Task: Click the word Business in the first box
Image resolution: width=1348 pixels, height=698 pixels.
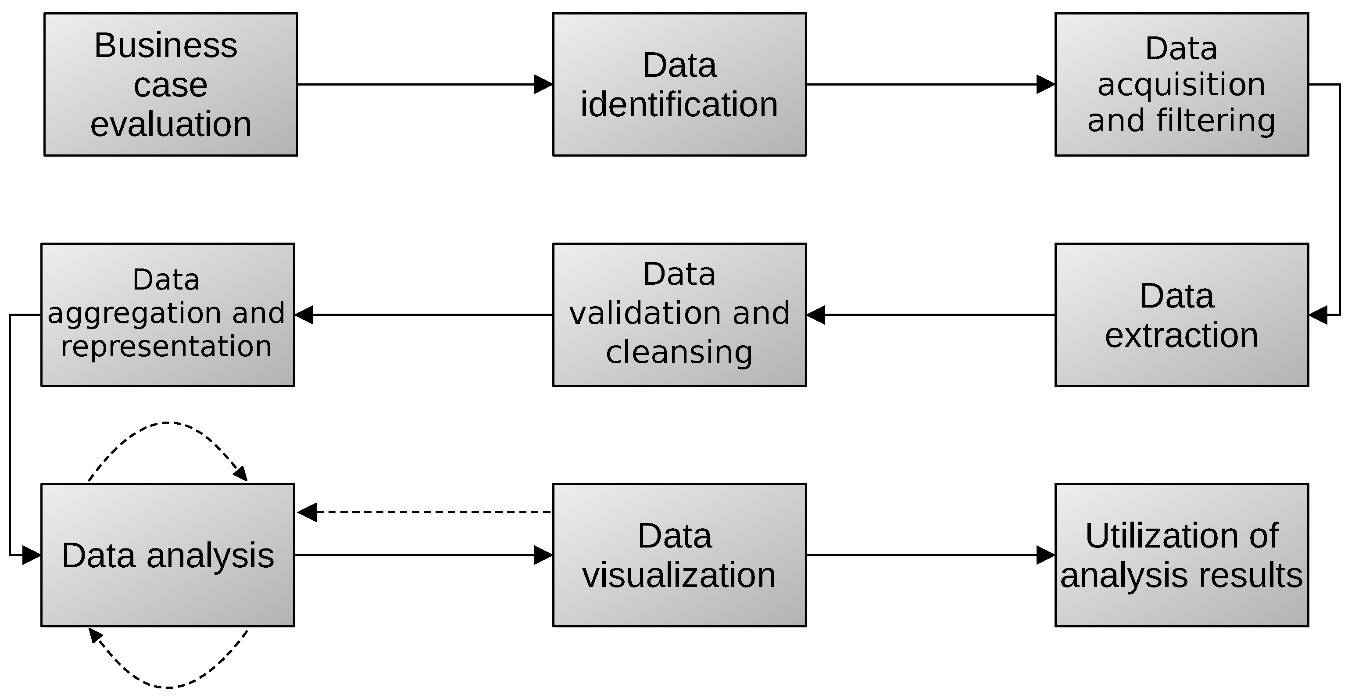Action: pyautogui.click(x=165, y=46)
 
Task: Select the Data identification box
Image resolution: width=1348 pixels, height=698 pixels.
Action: pyautogui.click(x=679, y=84)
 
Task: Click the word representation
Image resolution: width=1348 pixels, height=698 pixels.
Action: pyautogui.click(x=166, y=346)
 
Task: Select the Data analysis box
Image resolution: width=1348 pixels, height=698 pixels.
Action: pyautogui.click(x=168, y=555)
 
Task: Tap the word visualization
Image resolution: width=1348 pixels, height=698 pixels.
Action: pyautogui.click(x=679, y=575)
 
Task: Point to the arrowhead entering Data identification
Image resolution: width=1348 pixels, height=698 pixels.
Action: pyautogui.click(x=543, y=84)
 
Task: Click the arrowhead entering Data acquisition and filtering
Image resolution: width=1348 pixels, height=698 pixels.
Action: pyautogui.click(x=1045, y=84)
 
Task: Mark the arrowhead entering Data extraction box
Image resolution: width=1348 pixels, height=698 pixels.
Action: pyautogui.click(x=1318, y=315)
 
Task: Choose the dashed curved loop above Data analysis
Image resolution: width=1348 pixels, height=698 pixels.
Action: pyautogui.click(x=168, y=423)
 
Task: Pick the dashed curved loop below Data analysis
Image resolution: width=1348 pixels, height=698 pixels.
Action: pyautogui.click(x=168, y=687)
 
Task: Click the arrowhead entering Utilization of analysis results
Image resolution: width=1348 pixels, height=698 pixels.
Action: pyautogui.click(x=1045, y=555)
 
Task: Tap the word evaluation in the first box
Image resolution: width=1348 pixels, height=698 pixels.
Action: pyautogui.click(x=171, y=124)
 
